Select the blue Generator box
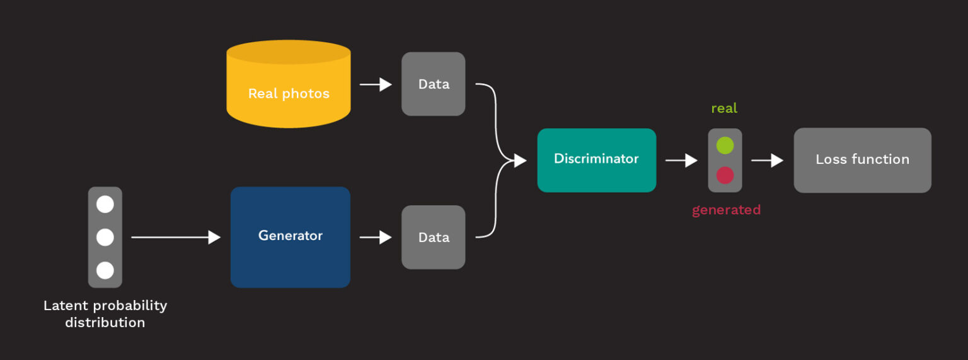click(x=290, y=236)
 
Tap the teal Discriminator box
click(x=596, y=160)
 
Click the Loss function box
click(x=862, y=160)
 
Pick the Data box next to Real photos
click(x=434, y=84)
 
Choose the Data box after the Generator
click(x=434, y=237)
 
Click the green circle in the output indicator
click(x=725, y=146)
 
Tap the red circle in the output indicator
click(x=725, y=175)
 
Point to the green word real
click(x=724, y=108)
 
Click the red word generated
click(x=726, y=210)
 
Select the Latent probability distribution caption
click(x=105, y=314)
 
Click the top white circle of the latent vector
click(x=105, y=204)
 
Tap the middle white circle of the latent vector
click(x=105, y=237)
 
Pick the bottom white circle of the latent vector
click(x=105, y=270)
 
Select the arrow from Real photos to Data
click(x=376, y=84)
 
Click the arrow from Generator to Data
click(x=376, y=237)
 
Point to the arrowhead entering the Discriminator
click(x=520, y=161)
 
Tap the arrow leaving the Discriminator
click(x=681, y=161)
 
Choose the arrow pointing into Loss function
click(x=767, y=161)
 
